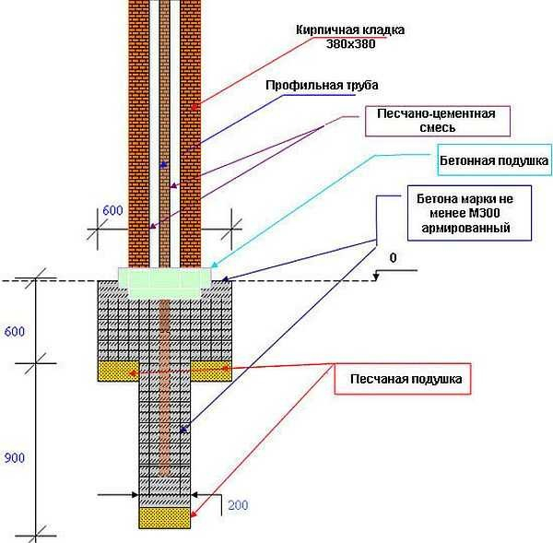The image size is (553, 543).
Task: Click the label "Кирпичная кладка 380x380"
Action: pos(351,36)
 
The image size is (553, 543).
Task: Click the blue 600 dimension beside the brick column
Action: pos(112,210)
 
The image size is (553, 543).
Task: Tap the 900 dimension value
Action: pos(13,455)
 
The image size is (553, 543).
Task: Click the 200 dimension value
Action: pos(239,506)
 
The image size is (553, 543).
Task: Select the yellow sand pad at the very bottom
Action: pos(166,517)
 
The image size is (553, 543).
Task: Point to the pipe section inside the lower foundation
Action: pos(166,387)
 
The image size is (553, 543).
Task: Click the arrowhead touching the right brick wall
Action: pos(194,110)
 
